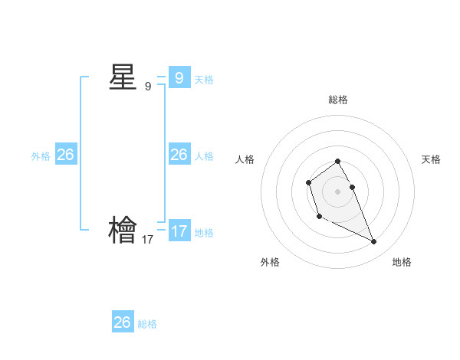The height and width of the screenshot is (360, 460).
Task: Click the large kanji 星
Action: (123, 77)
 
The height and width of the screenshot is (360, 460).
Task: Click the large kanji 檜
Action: (123, 230)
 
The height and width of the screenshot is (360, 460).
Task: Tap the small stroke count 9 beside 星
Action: (148, 87)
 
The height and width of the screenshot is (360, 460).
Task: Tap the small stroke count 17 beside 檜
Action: (148, 239)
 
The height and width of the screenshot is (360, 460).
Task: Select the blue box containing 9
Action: (179, 77)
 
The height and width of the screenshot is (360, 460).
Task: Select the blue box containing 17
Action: (179, 231)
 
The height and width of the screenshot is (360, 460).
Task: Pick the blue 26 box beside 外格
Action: (65, 155)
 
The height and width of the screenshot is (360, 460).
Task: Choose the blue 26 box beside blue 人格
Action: (179, 155)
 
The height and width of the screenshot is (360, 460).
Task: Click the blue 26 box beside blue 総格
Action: (123, 322)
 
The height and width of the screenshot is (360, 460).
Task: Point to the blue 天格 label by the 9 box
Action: (204, 79)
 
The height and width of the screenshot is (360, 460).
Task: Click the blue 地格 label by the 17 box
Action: (204, 232)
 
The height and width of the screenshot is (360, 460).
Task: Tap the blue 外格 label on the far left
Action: (41, 155)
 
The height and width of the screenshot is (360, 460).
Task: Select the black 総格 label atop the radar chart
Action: (338, 100)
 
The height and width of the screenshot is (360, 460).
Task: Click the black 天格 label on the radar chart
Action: (431, 159)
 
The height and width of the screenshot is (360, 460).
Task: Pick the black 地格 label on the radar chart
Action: (402, 262)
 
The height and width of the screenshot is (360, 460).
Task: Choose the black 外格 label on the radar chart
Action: (270, 262)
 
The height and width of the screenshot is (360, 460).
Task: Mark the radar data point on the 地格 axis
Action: (374, 242)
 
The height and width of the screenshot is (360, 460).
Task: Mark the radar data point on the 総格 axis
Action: (338, 161)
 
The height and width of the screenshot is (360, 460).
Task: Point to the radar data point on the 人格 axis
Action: (308, 182)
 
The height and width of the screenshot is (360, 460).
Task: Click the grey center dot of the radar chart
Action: (338, 191)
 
